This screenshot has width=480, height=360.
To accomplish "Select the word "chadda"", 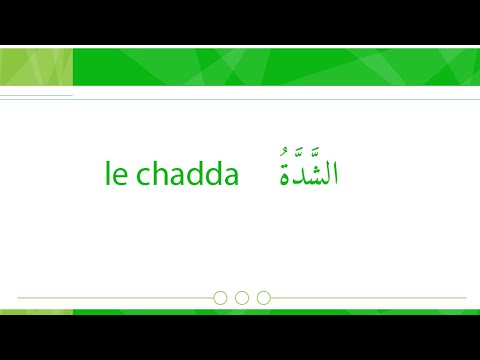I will click(x=186, y=176).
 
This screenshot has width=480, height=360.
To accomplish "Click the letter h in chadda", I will click(x=156, y=175).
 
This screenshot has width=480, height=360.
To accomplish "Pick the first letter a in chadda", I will click(x=174, y=178).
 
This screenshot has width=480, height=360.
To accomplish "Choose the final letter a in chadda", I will click(x=232, y=178).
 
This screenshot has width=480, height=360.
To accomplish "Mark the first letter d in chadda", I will click(x=192, y=175).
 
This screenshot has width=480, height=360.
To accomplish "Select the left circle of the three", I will click(x=220, y=297).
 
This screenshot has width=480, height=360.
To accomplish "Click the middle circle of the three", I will click(x=242, y=297).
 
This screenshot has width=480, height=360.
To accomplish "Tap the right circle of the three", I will click(x=264, y=297).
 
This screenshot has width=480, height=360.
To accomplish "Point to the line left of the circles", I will click(x=115, y=297).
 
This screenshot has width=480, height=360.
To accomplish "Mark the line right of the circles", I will click(x=370, y=297).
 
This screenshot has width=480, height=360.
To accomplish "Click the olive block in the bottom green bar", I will click(x=36, y=312).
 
